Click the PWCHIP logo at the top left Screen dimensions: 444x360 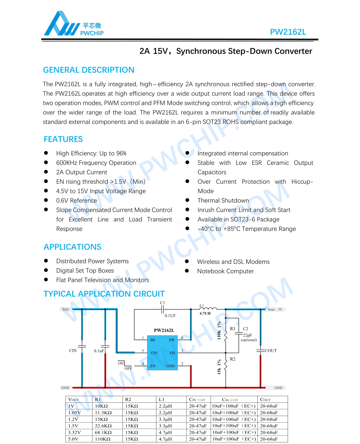(x=74, y=24)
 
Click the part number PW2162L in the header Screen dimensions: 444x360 (x=288, y=32)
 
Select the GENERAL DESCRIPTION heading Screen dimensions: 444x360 (x=89, y=70)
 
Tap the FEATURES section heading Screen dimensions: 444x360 (x=63, y=139)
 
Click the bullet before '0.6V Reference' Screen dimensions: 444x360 (x=46, y=200)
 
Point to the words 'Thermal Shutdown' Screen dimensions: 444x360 (x=223, y=201)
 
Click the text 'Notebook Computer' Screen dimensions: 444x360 (x=225, y=271)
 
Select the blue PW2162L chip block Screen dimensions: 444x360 (x=162, y=353)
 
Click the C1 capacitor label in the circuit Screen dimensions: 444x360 (x=162, y=303)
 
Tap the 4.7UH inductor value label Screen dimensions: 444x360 (x=205, y=313)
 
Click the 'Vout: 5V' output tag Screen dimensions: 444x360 (x=275, y=310)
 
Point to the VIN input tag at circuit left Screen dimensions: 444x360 (x=65, y=310)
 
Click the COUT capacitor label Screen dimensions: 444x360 (x=271, y=351)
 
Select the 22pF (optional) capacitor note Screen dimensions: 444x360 (x=249, y=337)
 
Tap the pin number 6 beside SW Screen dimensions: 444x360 (x=182, y=338)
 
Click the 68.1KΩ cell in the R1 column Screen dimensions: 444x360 (x=103, y=432)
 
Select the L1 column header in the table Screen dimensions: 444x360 (x=161, y=400)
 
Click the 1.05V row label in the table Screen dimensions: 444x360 (x=75, y=413)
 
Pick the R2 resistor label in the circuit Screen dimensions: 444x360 (x=232, y=359)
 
